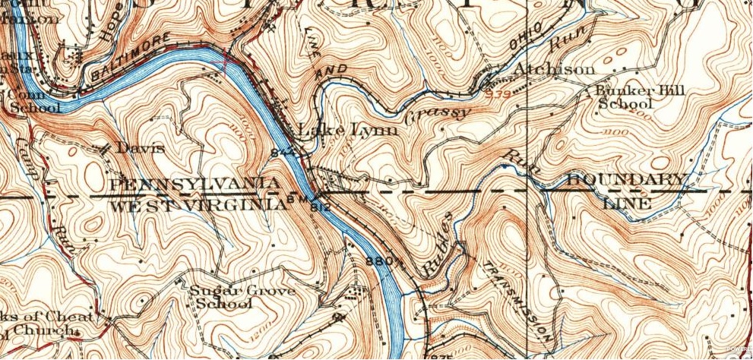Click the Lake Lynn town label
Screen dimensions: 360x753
click(348, 130)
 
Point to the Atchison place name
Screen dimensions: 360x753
click(554, 69)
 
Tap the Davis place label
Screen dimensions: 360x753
click(139, 148)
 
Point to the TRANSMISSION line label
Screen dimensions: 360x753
click(516, 301)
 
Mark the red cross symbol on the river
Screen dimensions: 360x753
click(226, 63)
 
